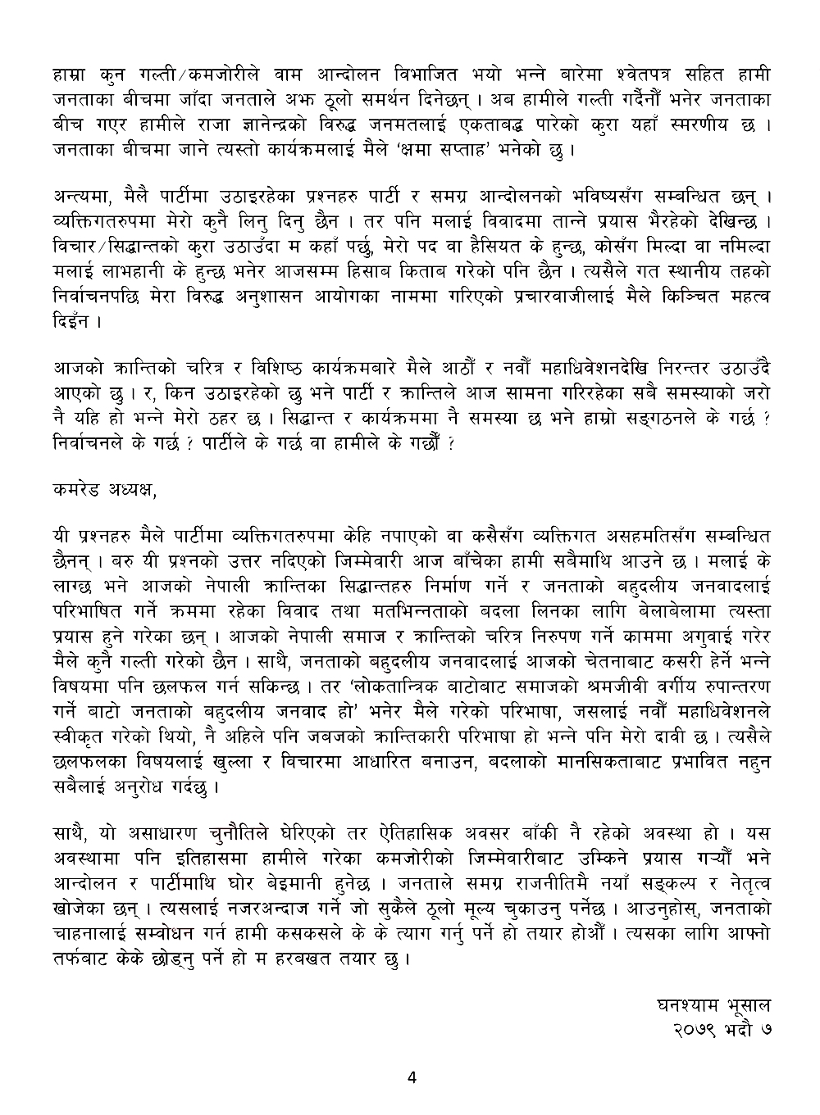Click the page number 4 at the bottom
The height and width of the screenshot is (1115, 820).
(x=412, y=1078)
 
